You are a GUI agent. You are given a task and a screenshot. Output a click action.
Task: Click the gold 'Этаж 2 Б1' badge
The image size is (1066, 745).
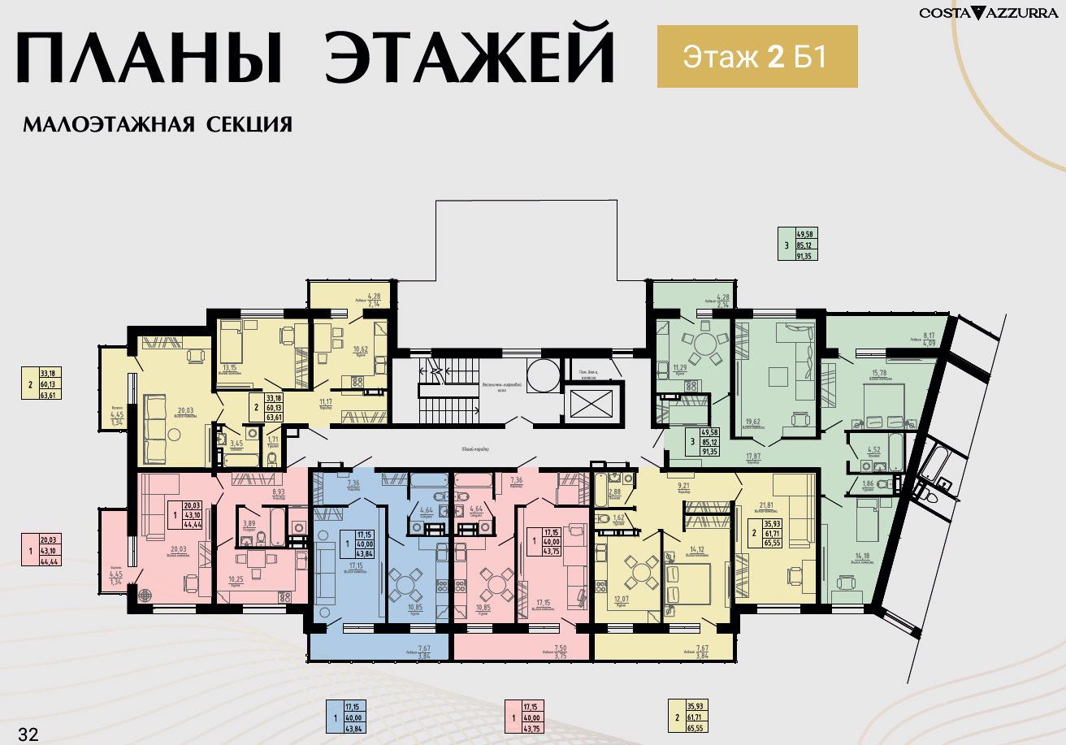[757, 56]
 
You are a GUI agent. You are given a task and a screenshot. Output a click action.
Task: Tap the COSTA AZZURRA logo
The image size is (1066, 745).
[988, 12]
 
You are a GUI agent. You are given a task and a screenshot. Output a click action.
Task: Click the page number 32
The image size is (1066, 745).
[28, 734]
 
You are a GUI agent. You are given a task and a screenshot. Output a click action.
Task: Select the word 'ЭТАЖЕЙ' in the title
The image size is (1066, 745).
[469, 58]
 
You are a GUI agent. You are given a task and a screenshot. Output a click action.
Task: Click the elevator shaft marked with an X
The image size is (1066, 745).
[594, 404]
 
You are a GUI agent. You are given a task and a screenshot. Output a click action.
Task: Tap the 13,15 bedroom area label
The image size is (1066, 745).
[229, 366]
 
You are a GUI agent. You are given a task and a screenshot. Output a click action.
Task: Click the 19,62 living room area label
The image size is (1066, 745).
[752, 422]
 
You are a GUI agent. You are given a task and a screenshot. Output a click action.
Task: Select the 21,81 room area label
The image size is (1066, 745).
[765, 505]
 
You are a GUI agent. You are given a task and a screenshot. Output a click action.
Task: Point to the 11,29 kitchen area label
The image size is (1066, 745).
[680, 368]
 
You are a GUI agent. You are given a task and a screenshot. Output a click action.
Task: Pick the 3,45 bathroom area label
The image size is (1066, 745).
[236, 443]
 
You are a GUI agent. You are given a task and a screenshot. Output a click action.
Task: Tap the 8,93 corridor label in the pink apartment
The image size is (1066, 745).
[277, 492]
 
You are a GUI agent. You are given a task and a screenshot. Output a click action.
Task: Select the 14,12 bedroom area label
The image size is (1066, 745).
[695, 548]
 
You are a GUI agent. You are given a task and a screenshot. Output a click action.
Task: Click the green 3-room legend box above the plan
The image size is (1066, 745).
[797, 244]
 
